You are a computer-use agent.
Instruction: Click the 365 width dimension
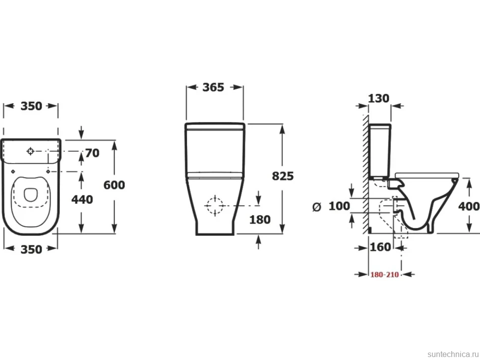click(x=213, y=87)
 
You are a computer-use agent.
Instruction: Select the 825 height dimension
click(x=283, y=176)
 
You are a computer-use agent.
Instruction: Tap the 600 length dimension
click(x=114, y=185)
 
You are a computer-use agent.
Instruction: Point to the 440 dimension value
click(x=82, y=199)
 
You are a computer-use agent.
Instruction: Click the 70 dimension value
click(x=92, y=153)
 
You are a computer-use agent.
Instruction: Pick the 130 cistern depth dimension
click(x=379, y=98)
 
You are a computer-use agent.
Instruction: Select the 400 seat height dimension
click(x=469, y=207)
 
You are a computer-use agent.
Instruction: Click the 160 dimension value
click(x=381, y=247)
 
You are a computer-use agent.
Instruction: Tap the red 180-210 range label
click(x=385, y=274)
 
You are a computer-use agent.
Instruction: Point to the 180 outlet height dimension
click(x=260, y=220)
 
